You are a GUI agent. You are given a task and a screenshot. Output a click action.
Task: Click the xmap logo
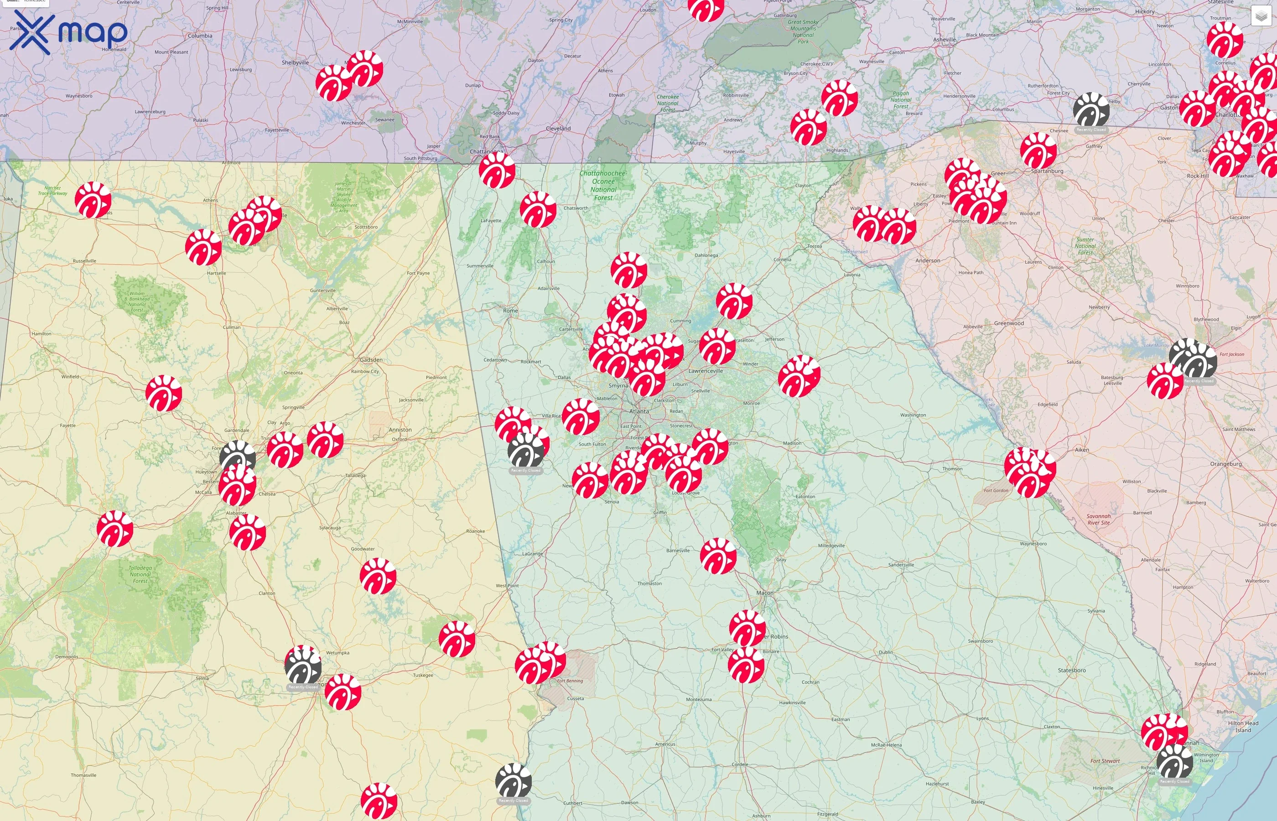click(68, 33)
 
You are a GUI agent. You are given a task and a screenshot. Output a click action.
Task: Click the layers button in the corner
click(1261, 16)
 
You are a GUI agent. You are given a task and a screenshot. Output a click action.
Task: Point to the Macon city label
click(764, 593)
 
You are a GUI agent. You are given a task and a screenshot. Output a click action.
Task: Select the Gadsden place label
click(371, 360)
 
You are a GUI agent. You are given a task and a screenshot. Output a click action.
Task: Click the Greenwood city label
click(1009, 323)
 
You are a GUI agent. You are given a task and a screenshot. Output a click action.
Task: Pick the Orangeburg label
click(1226, 464)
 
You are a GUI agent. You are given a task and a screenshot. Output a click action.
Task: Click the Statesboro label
click(1072, 670)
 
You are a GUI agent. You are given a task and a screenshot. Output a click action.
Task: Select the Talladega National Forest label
click(140, 574)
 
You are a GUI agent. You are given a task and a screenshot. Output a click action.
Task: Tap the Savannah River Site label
click(1099, 519)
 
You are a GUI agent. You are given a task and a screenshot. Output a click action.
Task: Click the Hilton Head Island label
click(1243, 727)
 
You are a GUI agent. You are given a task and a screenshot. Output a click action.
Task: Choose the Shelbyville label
click(295, 62)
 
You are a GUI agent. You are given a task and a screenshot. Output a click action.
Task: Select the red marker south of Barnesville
click(718, 556)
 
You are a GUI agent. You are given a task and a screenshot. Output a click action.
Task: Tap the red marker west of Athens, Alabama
click(93, 200)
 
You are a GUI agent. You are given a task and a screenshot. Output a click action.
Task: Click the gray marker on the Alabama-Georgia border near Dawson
click(513, 781)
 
